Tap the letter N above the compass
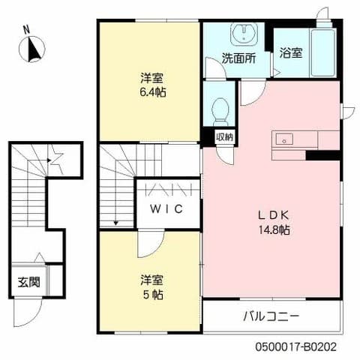[27, 30]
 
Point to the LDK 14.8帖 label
[274, 222]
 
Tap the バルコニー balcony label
[271, 316]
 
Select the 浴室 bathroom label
[290, 53]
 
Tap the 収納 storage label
[223, 136]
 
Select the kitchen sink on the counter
[285, 139]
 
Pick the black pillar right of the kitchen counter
[323, 155]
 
